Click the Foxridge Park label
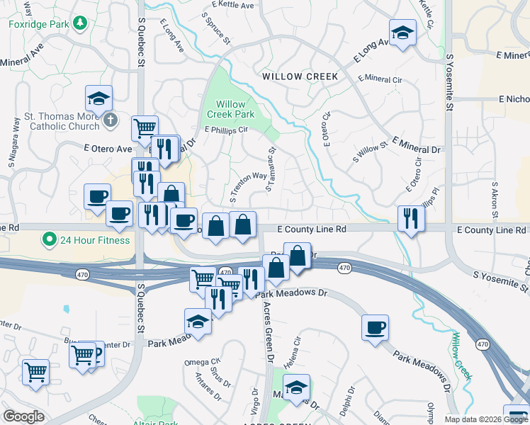(x=40, y=23)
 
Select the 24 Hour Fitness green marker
(x=49, y=239)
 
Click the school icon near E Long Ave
(x=402, y=33)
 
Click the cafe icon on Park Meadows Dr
(x=375, y=328)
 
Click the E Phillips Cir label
(x=226, y=130)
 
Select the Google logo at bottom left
(x=23, y=417)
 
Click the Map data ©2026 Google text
(x=486, y=419)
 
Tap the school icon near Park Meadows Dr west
(x=198, y=322)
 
